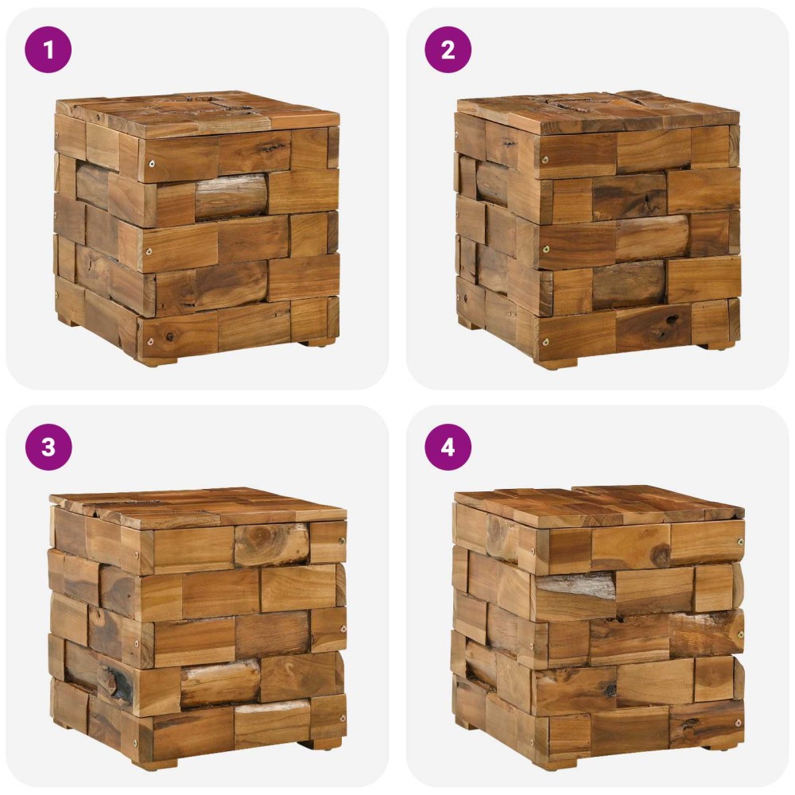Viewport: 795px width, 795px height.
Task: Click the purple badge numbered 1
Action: click(x=48, y=49)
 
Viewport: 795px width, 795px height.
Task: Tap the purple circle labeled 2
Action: click(x=448, y=49)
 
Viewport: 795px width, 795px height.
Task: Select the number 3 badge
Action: click(x=48, y=447)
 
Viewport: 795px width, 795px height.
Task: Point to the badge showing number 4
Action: click(x=448, y=447)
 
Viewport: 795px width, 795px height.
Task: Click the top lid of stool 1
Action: click(x=198, y=113)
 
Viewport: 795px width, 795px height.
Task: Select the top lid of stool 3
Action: click(x=199, y=507)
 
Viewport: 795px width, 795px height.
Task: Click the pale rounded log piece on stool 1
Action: click(x=231, y=196)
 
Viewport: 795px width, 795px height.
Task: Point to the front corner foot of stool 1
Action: click(x=157, y=362)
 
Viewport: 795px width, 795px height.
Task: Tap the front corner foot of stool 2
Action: click(x=557, y=364)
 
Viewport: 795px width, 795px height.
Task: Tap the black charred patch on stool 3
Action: click(x=118, y=681)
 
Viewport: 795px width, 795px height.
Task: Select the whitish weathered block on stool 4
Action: click(x=576, y=587)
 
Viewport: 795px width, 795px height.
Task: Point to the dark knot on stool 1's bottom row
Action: click(x=169, y=336)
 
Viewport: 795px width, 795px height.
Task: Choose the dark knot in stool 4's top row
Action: click(x=660, y=554)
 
